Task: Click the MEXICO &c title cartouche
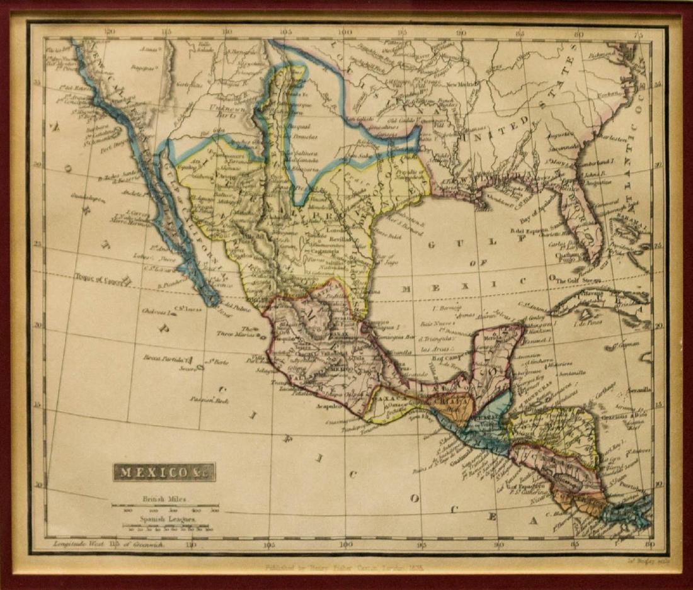[164, 472]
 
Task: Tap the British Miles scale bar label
[165, 499]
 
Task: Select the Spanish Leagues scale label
[166, 521]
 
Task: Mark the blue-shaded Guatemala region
[479, 434]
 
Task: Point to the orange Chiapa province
[450, 406]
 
